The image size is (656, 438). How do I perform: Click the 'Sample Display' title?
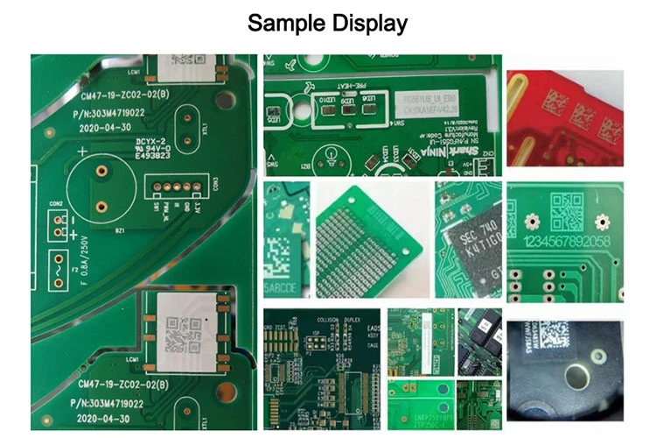tap(327, 23)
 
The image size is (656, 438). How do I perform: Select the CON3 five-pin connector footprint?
tap(171, 186)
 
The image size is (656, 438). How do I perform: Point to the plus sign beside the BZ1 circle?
tap(84, 152)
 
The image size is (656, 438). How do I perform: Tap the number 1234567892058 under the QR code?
tap(565, 241)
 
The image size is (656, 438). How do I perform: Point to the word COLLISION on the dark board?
tap(327, 321)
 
